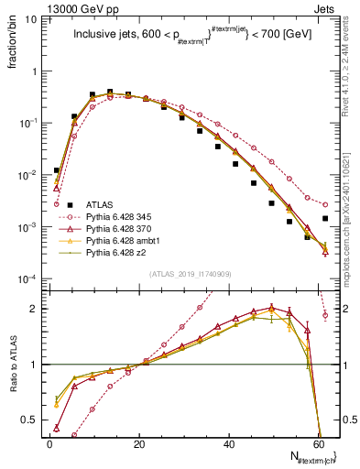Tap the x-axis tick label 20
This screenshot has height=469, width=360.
tap(139, 443)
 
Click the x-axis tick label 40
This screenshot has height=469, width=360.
tap(230, 443)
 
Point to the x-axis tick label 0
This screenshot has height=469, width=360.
tap(49, 443)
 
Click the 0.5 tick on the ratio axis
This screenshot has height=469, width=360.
tap(30, 420)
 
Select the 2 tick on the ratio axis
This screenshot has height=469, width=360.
tap(34, 309)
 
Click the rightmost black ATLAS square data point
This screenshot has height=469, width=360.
tap(325, 218)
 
